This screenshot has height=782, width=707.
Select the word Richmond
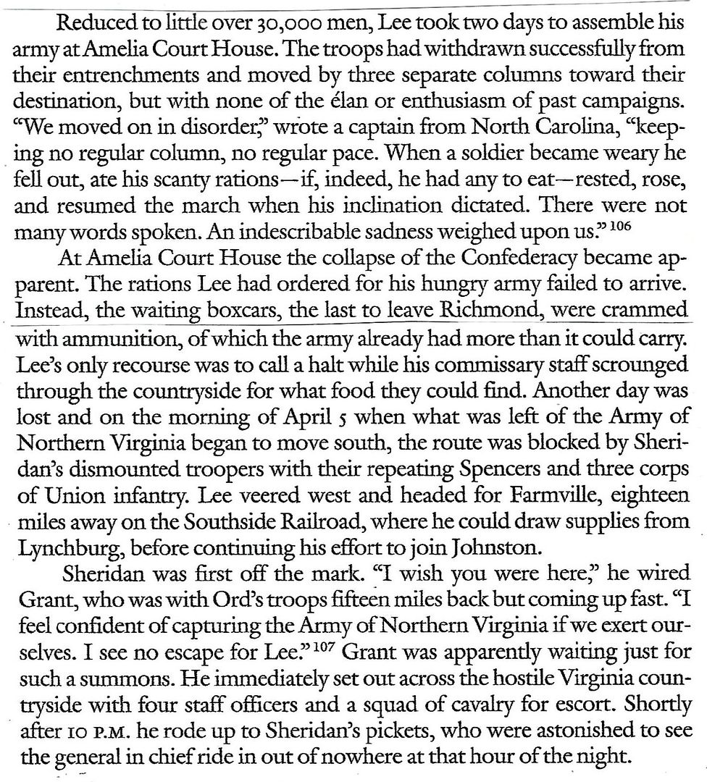pyautogui.click(x=492, y=311)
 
